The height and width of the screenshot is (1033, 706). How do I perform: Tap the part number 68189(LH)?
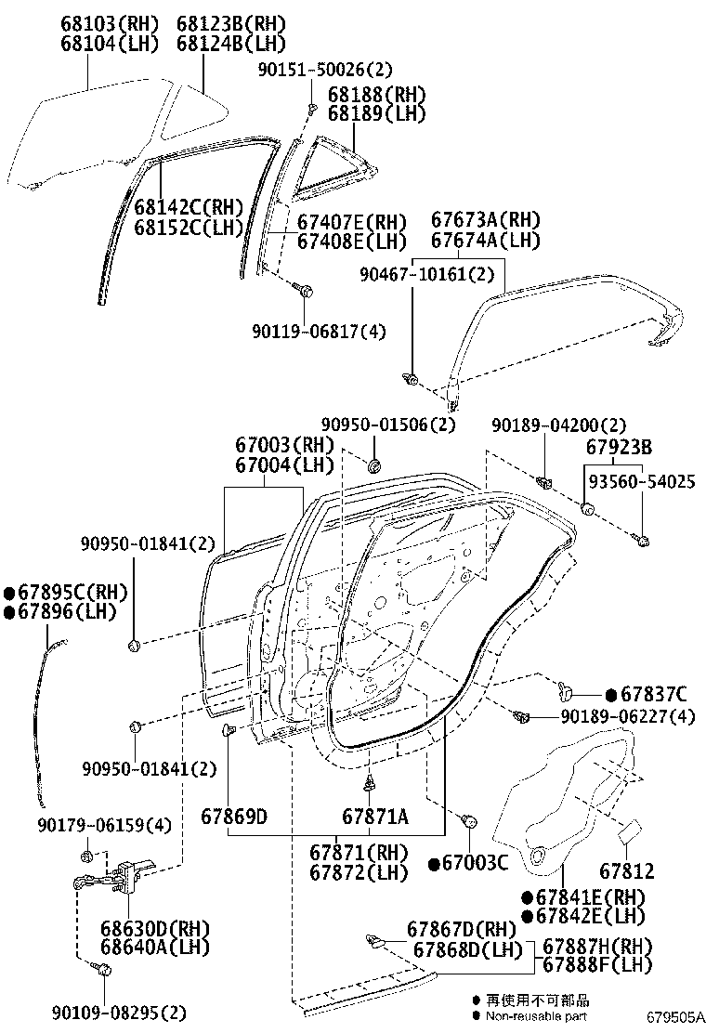pyautogui.click(x=375, y=113)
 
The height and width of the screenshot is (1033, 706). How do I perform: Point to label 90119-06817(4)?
pyautogui.click(x=319, y=331)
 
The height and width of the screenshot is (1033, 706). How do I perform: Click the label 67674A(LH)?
pyautogui.click(x=485, y=240)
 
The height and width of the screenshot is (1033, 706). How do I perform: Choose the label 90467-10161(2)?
pyautogui.click(x=427, y=274)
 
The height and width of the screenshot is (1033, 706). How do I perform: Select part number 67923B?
pyautogui.click(x=618, y=447)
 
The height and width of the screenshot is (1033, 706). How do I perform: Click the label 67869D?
pyautogui.click(x=234, y=817)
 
